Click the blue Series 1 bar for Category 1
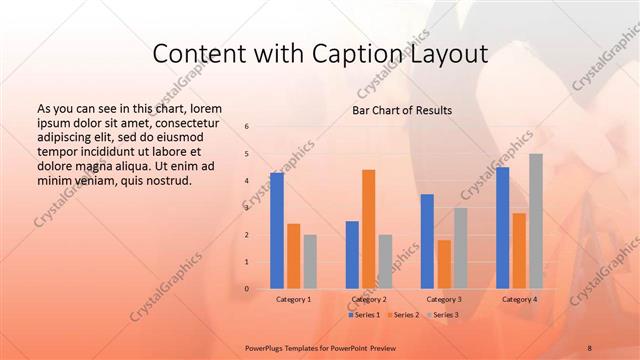point(277,231)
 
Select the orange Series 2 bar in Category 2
point(369,229)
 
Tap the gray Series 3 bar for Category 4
point(536,221)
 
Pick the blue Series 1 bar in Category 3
point(427,241)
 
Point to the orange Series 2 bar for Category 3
point(444,264)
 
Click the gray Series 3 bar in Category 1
point(310,262)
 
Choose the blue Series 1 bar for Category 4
point(502,228)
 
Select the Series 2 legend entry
point(404,315)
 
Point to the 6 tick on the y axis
point(247,127)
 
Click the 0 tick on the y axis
point(247,289)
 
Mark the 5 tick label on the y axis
point(247,154)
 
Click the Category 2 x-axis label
point(369,299)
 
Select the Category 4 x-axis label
point(519,299)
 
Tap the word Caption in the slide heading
point(378,54)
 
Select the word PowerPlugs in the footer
point(269,345)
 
